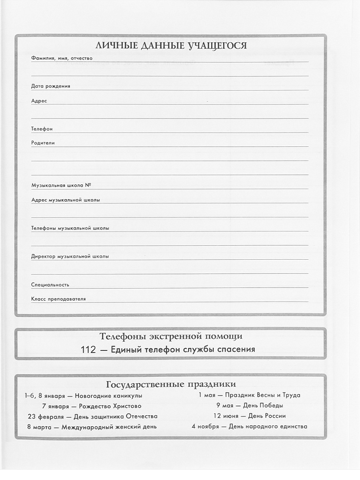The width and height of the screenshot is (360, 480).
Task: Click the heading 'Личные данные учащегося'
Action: click(171, 46)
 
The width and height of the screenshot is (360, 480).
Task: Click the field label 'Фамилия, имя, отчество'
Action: click(61, 58)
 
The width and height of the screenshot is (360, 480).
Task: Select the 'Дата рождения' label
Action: click(50, 86)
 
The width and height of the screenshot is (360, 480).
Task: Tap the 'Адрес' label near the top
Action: click(39, 101)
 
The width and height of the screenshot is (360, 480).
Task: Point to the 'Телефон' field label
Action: click(42, 129)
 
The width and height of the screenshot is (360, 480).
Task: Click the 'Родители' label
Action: click(43, 143)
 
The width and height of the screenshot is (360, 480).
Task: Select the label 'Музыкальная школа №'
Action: click(61, 185)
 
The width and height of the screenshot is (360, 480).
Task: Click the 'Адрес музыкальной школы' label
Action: click(66, 200)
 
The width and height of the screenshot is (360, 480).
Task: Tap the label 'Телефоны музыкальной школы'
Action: click(70, 228)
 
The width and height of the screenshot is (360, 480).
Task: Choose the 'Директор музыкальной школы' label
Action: click(70, 256)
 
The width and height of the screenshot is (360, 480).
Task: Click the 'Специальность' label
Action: click(50, 285)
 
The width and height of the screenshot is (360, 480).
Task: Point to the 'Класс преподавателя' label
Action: click(59, 299)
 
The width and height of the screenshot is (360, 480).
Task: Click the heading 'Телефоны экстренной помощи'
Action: click(171, 336)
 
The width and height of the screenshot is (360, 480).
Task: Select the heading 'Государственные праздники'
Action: click(170, 384)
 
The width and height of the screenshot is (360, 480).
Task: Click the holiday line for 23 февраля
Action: click(92, 416)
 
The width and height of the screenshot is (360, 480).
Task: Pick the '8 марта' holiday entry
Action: click(91, 427)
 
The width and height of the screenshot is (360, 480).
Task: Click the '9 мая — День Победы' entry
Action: click(249, 406)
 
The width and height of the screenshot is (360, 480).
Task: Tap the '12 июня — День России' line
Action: click(249, 416)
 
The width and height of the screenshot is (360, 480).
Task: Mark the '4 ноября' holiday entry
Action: click(249, 426)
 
